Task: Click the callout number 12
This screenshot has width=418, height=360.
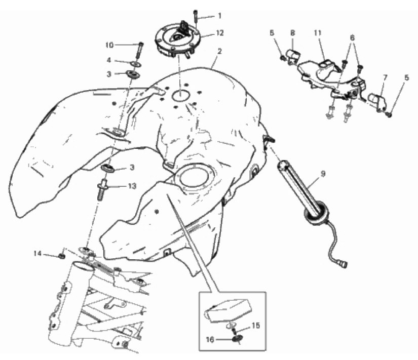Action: [x=220, y=33]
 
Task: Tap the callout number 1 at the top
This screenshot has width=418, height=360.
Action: [x=220, y=16]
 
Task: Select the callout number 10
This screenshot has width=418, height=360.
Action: [x=109, y=45]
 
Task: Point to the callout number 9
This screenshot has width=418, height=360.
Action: [x=323, y=174]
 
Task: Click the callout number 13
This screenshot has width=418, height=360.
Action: [x=132, y=186]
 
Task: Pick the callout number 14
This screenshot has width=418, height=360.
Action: [x=37, y=253]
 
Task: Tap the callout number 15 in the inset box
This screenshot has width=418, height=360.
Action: [x=256, y=326]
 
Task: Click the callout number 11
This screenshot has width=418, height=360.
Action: [x=318, y=33]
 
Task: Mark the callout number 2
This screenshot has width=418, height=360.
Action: [x=220, y=51]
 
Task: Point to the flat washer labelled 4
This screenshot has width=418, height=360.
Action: [x=136, y=64]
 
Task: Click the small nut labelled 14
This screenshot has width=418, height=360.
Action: [x=62, y=256]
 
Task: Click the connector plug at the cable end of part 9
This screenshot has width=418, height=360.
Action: [x=344, y=264]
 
